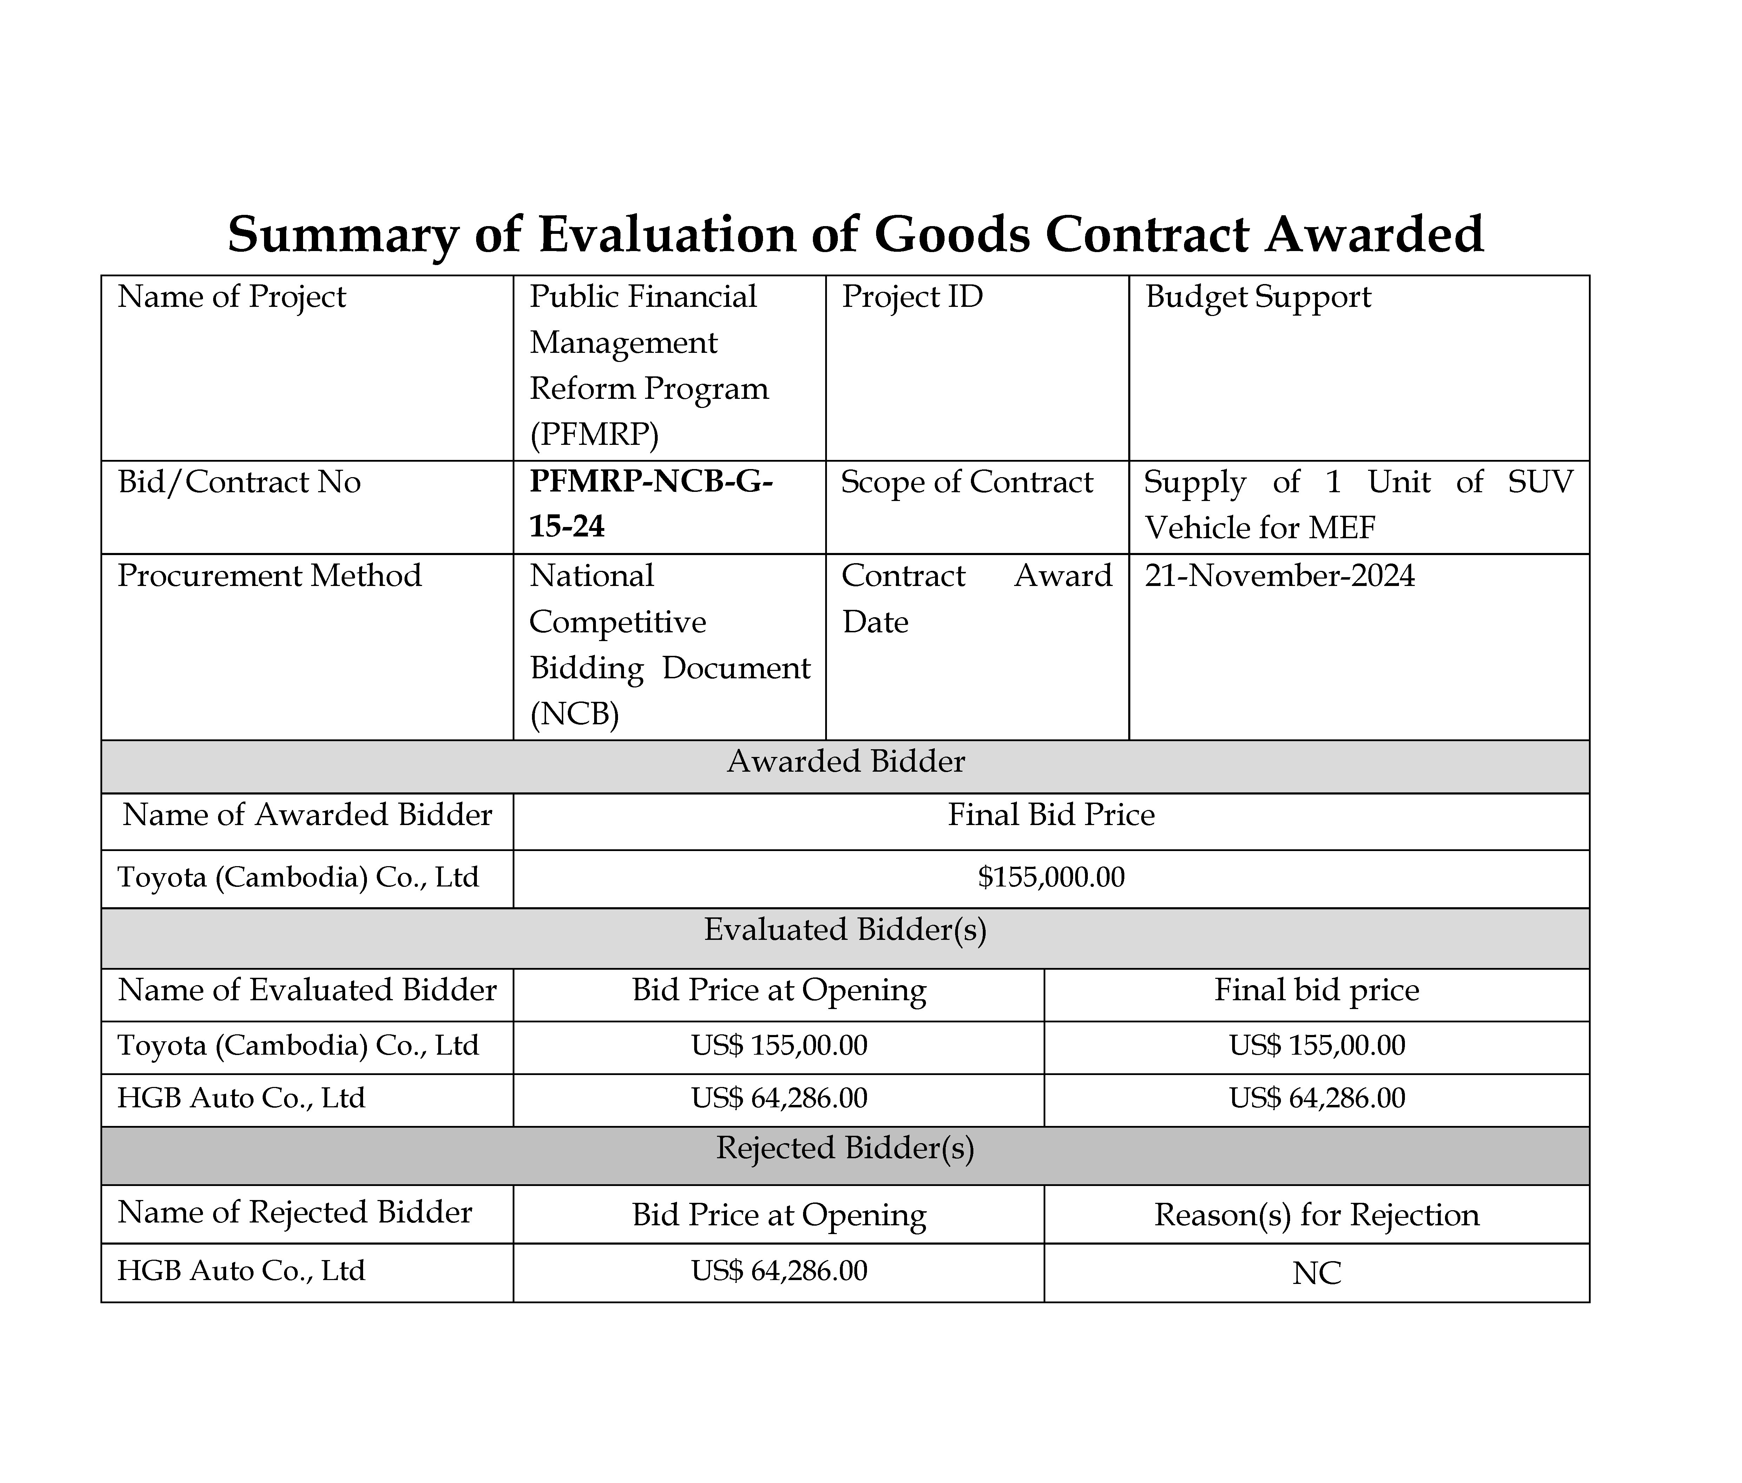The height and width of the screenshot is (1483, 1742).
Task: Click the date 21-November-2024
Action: (1280, 576)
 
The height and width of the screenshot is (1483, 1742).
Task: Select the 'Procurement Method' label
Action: (269, 576)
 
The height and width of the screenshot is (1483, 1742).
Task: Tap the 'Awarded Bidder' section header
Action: (845, 762)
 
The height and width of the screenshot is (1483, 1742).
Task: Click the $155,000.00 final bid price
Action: (1051, 878)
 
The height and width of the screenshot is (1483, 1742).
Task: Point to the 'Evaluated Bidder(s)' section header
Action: (845, 930)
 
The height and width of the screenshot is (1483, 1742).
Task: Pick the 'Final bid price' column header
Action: (1316, 990)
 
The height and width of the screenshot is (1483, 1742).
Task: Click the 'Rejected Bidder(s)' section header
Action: (845, 1148)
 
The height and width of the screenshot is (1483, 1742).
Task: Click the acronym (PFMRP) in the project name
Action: (593, 435)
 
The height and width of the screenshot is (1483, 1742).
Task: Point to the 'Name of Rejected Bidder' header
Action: (294, 1212)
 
